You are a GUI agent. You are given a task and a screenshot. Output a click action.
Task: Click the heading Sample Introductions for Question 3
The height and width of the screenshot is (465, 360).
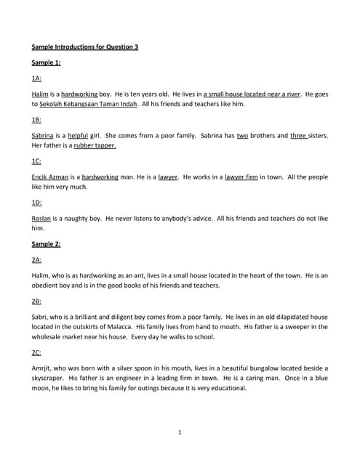[85, 47]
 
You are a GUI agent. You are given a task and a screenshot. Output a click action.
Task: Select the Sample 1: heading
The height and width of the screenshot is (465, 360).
[46, 62]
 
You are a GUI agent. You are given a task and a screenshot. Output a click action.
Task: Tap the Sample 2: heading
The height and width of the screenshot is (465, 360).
[46, 243]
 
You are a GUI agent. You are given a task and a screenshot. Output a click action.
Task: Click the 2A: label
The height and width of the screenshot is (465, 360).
[36, 259]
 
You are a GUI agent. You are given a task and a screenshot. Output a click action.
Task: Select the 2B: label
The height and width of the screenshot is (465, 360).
[36, 301]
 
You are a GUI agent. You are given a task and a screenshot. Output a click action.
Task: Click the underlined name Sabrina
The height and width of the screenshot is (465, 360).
[43, 135]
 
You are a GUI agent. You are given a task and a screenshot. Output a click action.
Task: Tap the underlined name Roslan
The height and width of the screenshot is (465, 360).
[42, 218]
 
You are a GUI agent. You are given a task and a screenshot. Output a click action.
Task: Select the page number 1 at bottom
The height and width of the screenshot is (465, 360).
[180, 433]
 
